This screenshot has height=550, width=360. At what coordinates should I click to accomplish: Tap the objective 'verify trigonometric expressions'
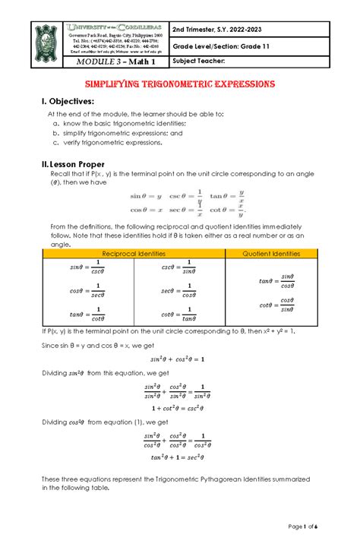pos(113,141)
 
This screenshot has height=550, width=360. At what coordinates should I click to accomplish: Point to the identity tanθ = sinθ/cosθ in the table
pos(276,281)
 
